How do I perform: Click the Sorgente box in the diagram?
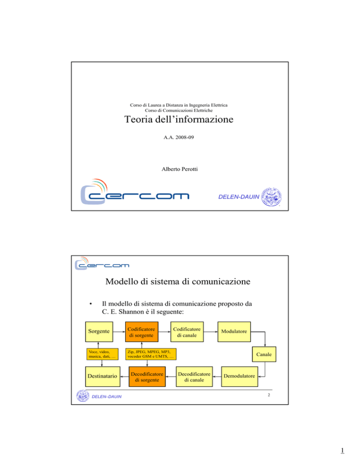99,331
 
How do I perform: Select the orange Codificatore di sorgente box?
142,331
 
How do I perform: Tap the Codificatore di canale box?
187,331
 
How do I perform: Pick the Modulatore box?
234,331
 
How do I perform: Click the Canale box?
264,354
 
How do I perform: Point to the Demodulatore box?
240,376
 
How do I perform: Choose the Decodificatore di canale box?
194,376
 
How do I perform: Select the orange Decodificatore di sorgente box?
147,376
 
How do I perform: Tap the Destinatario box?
103,376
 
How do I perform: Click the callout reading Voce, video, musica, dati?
102,354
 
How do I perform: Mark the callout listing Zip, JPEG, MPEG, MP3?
151,354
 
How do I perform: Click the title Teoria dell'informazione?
179,119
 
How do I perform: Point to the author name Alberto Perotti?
180,169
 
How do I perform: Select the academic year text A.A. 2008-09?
179,137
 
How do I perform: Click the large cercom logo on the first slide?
135,192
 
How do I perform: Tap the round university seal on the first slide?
271,197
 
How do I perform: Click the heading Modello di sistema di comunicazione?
178,281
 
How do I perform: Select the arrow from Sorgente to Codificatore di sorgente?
119,331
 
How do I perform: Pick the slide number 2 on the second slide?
269,395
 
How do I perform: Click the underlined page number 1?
343,451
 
